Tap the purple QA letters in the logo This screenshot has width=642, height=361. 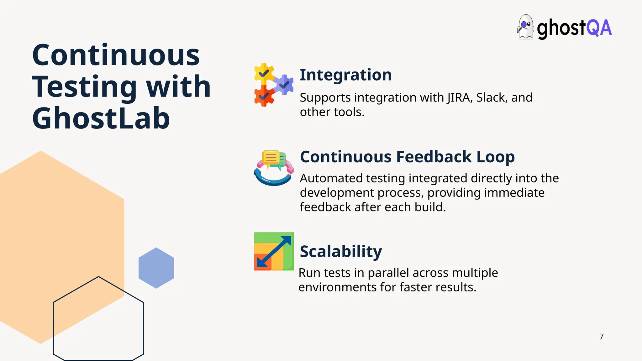tap(599, 28)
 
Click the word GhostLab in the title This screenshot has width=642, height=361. tap(101, 118)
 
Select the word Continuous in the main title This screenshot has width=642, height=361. tap(116, 55)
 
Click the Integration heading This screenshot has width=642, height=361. tap(345, 75)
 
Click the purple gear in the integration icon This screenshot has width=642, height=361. tap(284, 84)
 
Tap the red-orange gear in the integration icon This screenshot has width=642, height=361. tap(264, 96)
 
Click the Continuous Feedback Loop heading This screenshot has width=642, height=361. tap(407, 157)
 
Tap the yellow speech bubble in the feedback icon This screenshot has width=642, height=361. tap(271, 158)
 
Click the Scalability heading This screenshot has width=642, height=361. tap(341, 251)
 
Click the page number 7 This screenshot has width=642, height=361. tap(601, 337)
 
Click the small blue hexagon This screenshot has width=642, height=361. tap(156, 268)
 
